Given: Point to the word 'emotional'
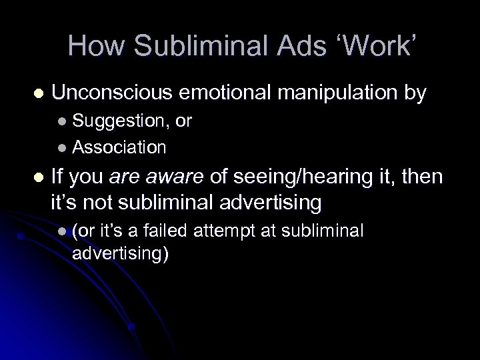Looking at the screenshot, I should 231,94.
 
